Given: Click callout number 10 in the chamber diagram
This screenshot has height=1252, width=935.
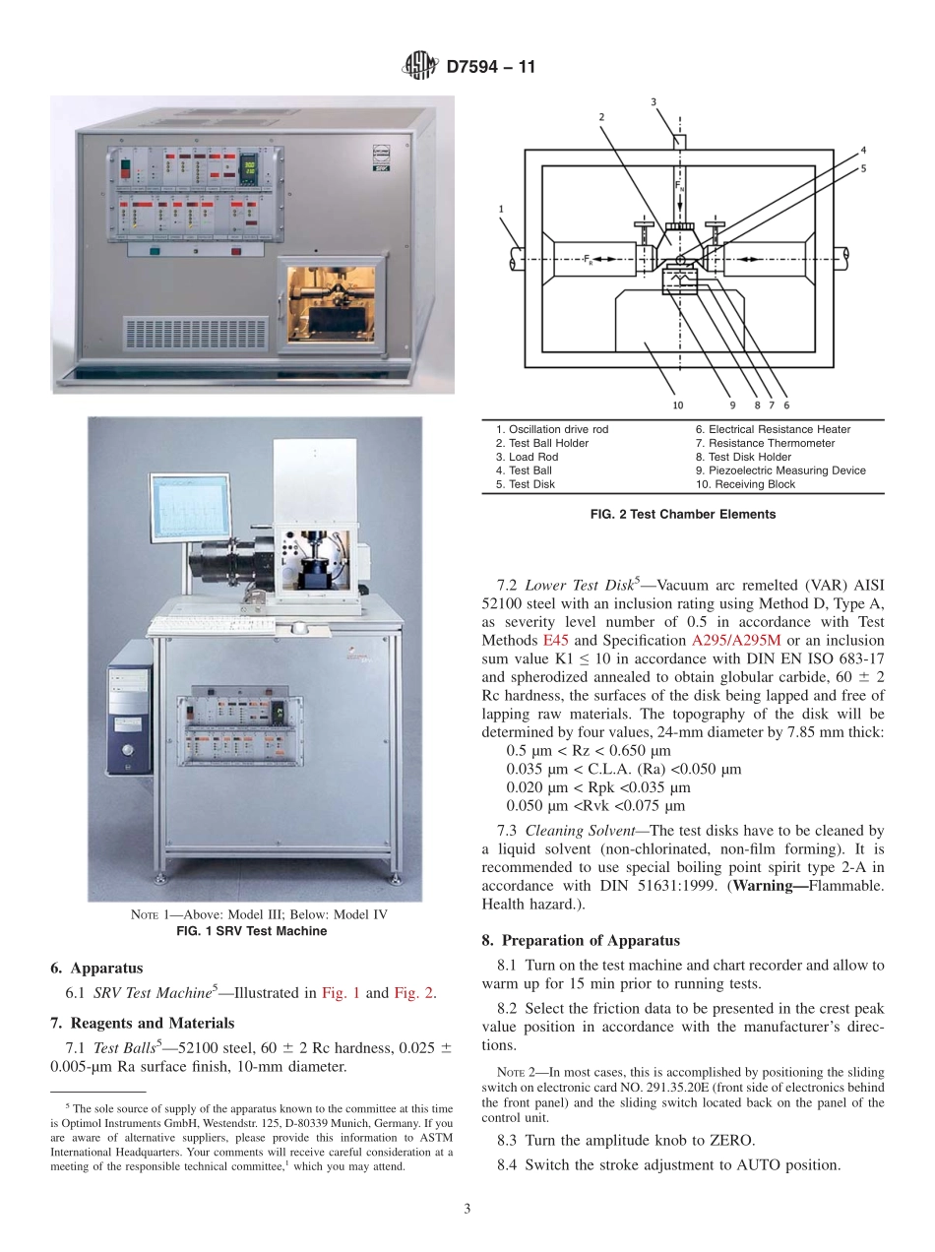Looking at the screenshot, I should coord(677,405).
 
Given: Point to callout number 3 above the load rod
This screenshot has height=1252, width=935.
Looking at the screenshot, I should coord(654,101).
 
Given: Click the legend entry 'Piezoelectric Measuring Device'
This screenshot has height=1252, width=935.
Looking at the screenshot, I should coord(780,470).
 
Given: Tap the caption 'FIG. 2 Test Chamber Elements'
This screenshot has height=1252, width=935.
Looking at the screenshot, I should coord(682,514).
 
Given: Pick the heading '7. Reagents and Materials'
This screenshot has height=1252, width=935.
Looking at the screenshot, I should coord(143,1023).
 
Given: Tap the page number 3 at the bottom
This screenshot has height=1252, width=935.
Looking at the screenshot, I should coord(467,1209).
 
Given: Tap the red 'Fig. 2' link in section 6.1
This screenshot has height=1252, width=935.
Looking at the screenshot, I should coord(414,993).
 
